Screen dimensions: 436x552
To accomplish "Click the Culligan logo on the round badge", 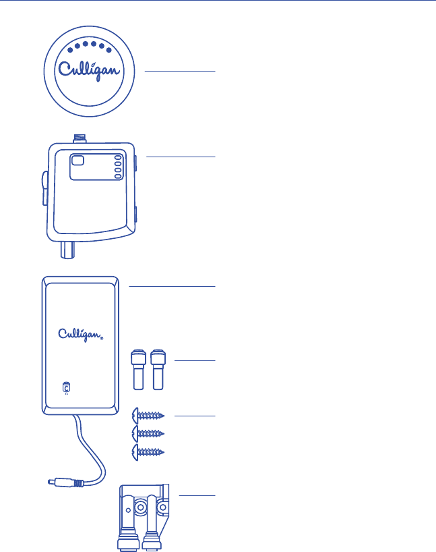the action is (x=92, y=71).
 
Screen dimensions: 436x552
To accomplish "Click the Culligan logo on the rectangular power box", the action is (x=80, y=334).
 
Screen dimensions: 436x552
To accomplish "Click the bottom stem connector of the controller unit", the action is (x=67, y=249).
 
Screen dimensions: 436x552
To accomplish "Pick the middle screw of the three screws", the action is (x=149, y=433).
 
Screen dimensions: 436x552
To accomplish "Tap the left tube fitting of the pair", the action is (x=138, y=369).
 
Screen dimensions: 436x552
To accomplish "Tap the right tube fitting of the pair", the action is (x=158, y=369).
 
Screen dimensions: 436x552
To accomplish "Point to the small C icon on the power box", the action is (x=65, y=388).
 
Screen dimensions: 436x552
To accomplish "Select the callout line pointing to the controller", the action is (x=180, y=157).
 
